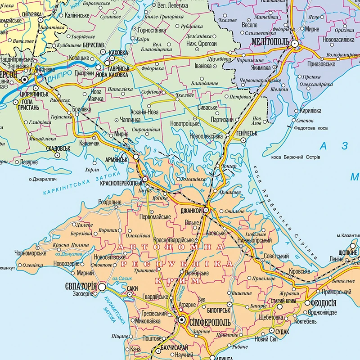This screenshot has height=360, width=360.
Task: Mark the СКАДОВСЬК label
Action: coord(58,147)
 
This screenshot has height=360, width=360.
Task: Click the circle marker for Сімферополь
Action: coord(182,320)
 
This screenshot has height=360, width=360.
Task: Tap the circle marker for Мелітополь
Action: coord(295,44)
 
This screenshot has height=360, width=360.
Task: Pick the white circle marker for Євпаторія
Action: coord(103,286)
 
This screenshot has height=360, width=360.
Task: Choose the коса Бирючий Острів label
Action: coord(296,157)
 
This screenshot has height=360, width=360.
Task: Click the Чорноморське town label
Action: coord(31,253)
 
